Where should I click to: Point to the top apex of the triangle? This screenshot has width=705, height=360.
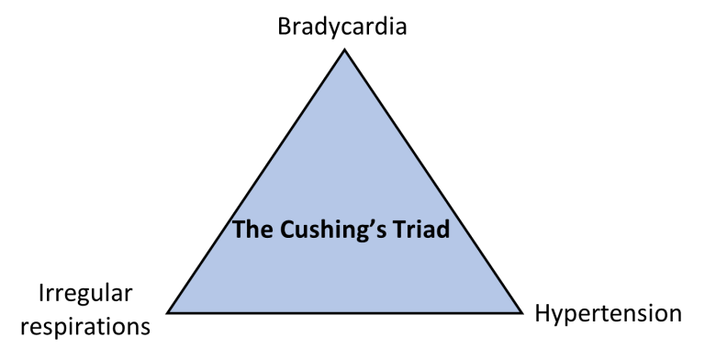[x=345, y=53]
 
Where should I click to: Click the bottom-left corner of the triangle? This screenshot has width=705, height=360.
[x=172, y=311]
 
